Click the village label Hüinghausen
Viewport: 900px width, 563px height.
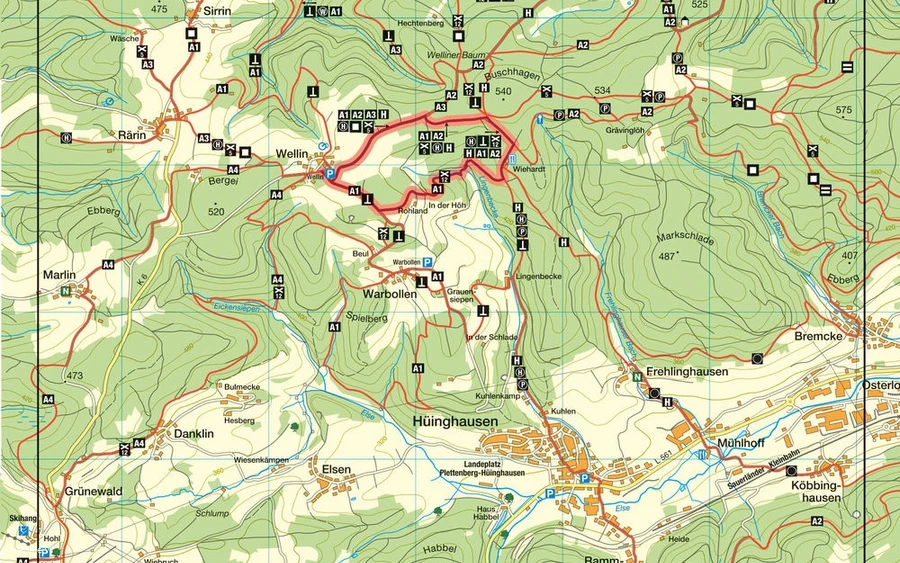coord(455,422)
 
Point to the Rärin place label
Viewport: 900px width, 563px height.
coord(131,135)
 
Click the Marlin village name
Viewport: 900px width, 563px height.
coord(59,273)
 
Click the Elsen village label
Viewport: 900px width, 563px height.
coord(336,467)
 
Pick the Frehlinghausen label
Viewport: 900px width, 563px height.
coord(684,370)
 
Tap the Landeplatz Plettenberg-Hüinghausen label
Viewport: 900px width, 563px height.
coord(483,467)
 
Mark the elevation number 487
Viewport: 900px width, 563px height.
coord(665,256)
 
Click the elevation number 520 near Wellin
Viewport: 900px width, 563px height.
coord(217,212)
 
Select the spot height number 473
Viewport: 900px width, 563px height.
coord(74,376)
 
